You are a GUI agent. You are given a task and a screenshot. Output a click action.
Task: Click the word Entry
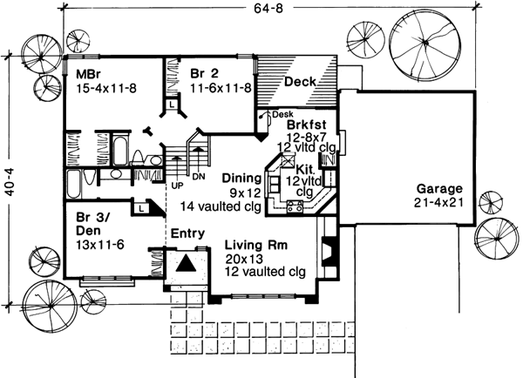tap(187, 233)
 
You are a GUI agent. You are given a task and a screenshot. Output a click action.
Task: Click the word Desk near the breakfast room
tap(282, 114)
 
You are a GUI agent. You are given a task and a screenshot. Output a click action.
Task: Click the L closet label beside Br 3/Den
tap(139, 208)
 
